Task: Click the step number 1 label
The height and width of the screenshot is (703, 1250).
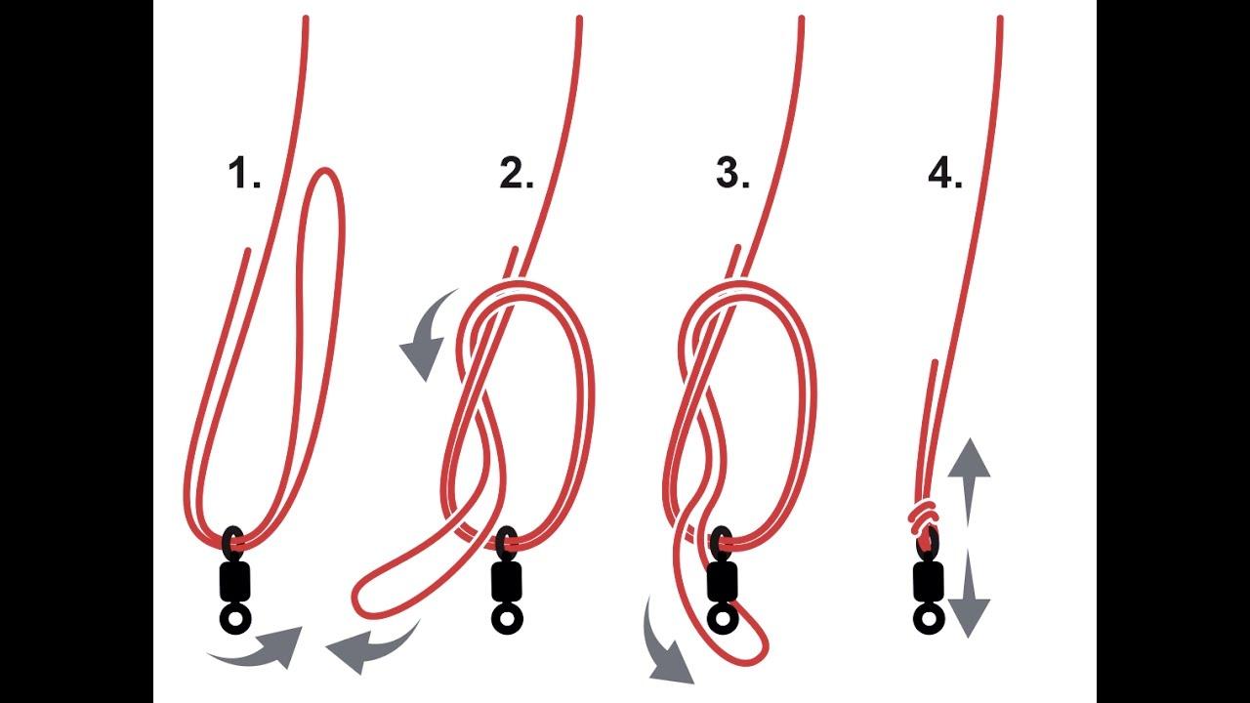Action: coord(244,174)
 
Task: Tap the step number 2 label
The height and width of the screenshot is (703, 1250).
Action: coord(517,174)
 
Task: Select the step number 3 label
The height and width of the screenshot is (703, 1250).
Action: coord(732,174)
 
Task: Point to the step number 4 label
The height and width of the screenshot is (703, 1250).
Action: coord(945,174)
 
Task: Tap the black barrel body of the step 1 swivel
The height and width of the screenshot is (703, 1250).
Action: coord(235,582)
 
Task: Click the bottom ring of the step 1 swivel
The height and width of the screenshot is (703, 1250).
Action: coord(236,619)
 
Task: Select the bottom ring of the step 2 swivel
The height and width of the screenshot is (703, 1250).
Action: coord(507,619)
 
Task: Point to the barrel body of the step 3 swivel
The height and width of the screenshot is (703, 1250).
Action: coord(722,582)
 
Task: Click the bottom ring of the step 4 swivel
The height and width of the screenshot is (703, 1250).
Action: coord(929,619)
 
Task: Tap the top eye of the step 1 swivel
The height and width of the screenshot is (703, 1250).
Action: coord(226,540)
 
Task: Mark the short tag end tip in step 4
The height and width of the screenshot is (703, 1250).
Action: coord(935,362)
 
